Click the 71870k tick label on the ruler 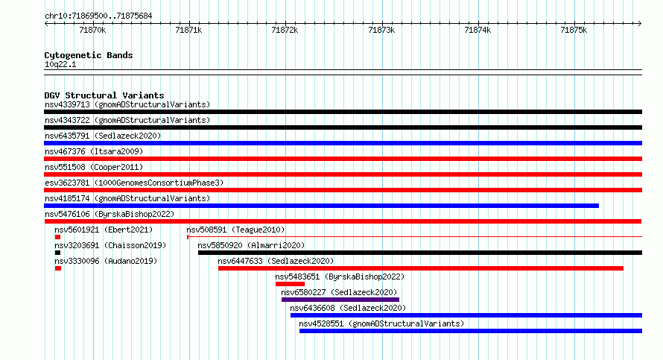pos(92,30)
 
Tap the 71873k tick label pos(381,30)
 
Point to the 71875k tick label pos(574,30)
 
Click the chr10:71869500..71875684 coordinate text pos(98,16)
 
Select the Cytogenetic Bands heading pos(89,55)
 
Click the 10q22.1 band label pos(60,64)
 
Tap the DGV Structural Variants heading pos(104,95)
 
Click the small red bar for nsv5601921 pos(58,237)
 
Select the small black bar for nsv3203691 pos(58,253)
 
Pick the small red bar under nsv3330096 pos(58,268)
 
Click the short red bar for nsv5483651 pos(290,284)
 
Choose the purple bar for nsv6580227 pos(340,300)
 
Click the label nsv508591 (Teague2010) pos(235,230)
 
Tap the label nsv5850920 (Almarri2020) pos(251,245)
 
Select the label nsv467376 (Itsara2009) pos(94,151)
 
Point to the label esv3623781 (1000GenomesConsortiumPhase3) pos(134,183)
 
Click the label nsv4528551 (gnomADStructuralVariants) pos(381,323)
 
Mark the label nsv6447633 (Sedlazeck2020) pos(276,261)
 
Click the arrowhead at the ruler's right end pos(640,24)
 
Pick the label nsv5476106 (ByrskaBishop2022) pos(110,214)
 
